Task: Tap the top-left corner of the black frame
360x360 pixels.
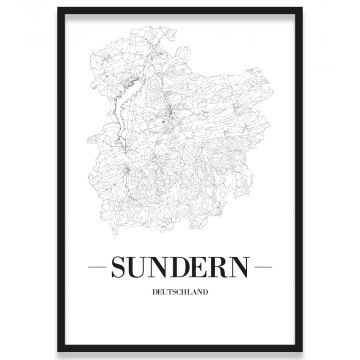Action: pos(58,10)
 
